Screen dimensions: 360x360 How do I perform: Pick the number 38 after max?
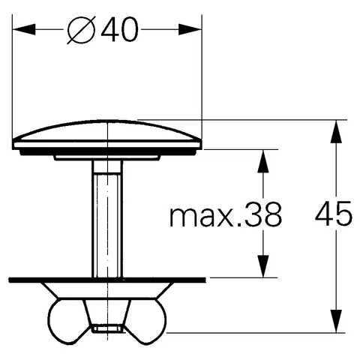pos(262,217)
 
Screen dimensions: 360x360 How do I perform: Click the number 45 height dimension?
pos(334,216)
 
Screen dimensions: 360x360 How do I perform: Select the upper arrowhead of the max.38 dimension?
pos(262,157)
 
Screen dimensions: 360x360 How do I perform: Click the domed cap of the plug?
pos(109,135)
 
